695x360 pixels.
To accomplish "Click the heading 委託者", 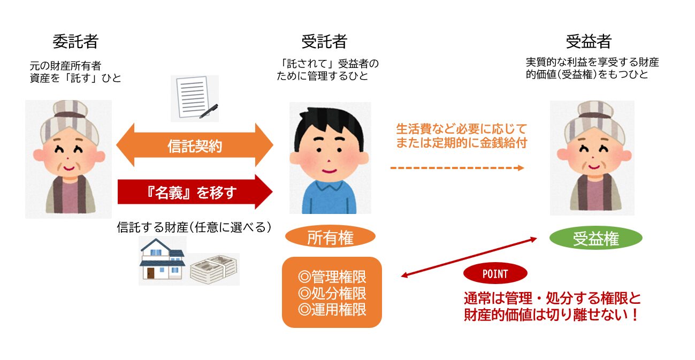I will [75, 41].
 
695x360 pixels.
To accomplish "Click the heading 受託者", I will [324, 41].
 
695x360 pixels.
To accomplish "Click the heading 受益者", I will [589, 41].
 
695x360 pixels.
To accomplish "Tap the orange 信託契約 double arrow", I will [195, 145].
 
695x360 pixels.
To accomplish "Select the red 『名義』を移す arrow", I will [195, 191].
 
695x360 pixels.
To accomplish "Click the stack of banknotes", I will [213, 269].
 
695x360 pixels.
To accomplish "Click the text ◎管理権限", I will [332, 278].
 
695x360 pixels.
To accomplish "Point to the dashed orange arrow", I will [457, 168].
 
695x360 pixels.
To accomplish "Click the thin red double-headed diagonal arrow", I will [469, 258].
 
